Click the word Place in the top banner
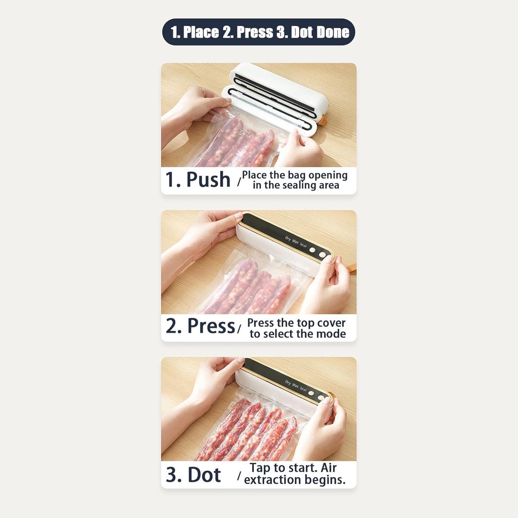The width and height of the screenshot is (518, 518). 201,32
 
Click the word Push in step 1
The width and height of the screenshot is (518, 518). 208,179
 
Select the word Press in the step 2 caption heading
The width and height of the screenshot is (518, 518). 211,326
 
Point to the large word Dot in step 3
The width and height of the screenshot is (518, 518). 204,474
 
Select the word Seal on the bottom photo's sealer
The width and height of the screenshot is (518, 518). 303,389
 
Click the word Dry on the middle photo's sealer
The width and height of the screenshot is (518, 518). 288,239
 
